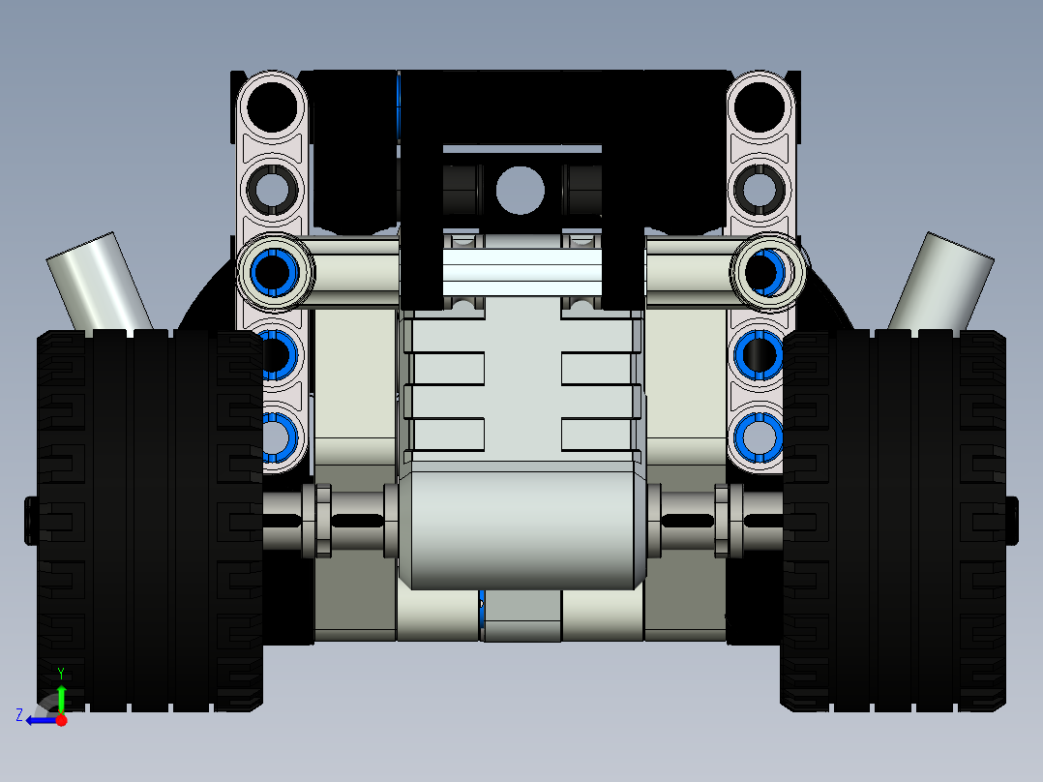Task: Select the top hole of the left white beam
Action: pos(273,105)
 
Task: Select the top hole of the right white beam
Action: pos(760,105)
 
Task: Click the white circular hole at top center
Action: pos(520,190)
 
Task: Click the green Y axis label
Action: pos(60,673)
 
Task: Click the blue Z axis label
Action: pos(19,715)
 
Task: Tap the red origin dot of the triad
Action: pos(61,720)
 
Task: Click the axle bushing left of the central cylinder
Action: pos(322,521)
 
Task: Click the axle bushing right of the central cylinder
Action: pos(722,521)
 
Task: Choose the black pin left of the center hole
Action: pos(462,190)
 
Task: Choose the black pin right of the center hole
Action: pos(580,190)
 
